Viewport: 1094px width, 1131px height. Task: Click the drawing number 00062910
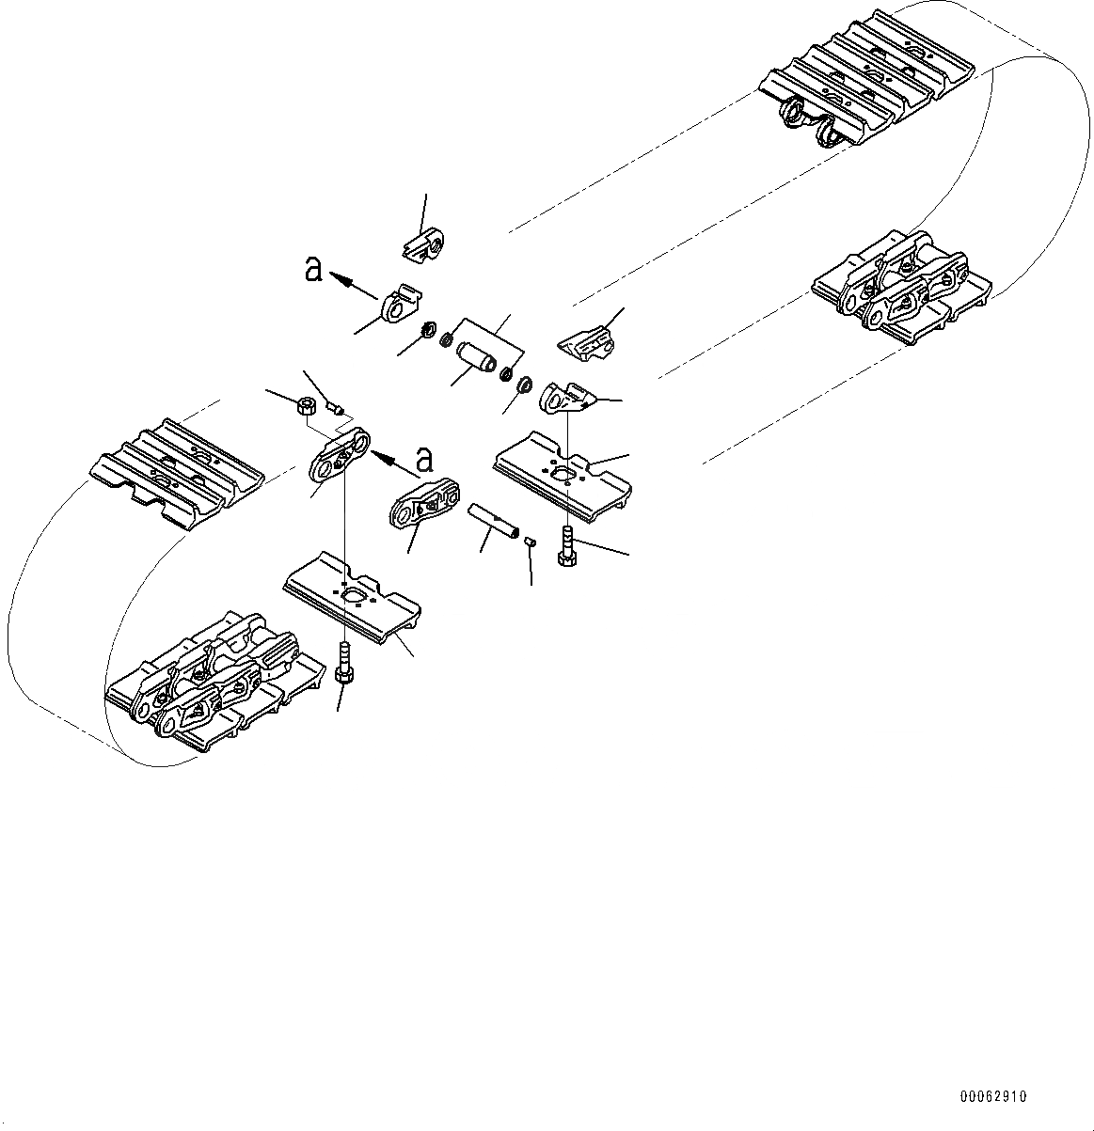[x=993, y=1096]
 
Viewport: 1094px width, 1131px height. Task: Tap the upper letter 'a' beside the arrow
[x=313, y=271]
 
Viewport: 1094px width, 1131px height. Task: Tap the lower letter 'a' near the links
[x=425, y=460]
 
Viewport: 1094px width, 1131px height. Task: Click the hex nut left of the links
[x=305, y=406]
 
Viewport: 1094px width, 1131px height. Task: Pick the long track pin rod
[x=494, y=520]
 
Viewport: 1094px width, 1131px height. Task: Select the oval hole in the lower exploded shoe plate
[x=355, y=597]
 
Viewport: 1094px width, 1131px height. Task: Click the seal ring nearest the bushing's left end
[x=446, y=337]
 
